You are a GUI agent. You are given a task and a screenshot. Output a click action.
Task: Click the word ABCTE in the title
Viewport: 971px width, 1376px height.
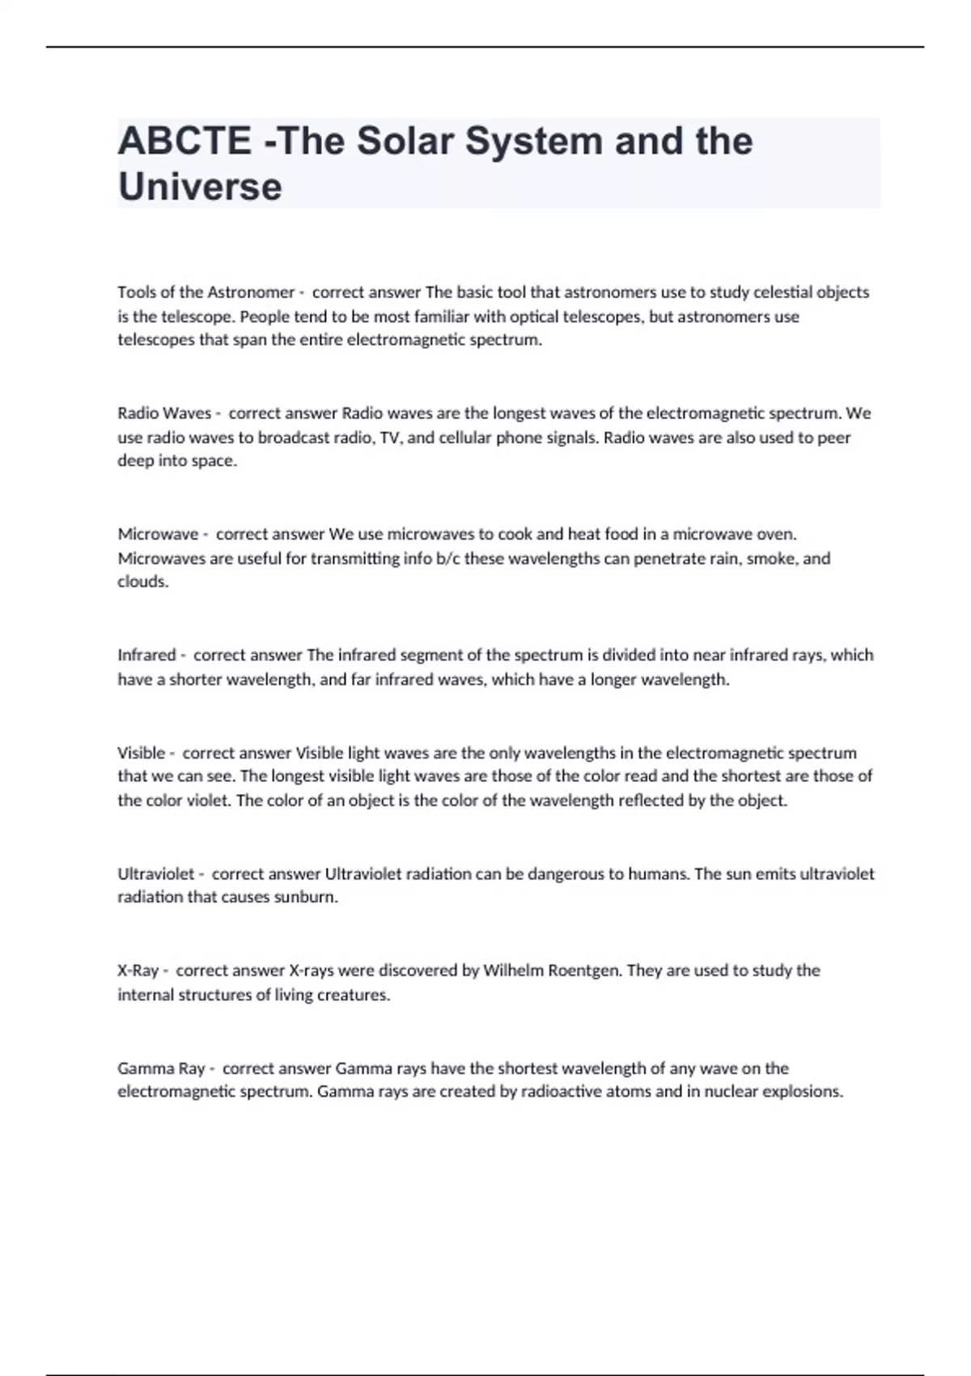coord(184,141)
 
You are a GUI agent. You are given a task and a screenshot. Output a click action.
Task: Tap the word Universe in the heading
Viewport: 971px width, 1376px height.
coord(200,186)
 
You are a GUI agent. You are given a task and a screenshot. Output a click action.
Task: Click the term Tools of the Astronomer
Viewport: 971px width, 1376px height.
coord(206,292)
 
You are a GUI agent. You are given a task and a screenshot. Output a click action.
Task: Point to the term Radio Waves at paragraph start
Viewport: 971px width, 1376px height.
coord(164,414)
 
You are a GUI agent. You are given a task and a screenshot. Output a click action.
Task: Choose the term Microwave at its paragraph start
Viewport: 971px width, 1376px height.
coord(158,534)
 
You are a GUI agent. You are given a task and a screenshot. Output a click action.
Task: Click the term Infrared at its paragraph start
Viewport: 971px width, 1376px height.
coord(146,655)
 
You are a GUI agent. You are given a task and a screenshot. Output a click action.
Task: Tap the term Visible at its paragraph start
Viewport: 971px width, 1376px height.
coord(142,753)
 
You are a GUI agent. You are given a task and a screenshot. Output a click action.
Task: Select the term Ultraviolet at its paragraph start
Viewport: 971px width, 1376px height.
coord(156,874)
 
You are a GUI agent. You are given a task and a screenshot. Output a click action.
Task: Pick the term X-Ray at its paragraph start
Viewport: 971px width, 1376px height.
coord(138,970)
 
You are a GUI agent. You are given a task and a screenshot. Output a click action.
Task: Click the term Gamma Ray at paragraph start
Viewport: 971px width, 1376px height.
coord(161,1068)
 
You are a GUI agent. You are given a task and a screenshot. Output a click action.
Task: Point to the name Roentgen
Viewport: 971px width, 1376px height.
coord(583,970)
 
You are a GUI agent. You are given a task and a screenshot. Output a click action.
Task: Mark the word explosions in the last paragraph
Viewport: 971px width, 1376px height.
coord(804,1092)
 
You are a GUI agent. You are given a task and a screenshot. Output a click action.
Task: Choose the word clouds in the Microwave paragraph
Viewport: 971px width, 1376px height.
coord(142,582)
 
